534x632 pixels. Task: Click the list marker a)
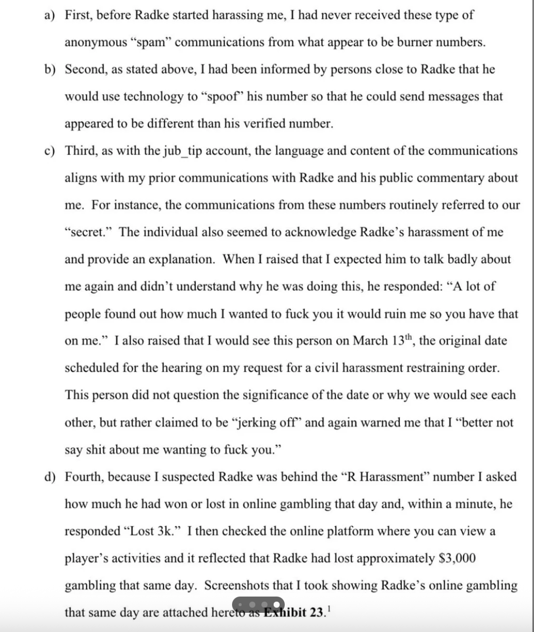point(49,15)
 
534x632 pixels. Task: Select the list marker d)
point(49,477)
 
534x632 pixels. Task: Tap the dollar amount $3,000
point(456,558)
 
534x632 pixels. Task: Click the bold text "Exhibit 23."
point(297,612)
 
